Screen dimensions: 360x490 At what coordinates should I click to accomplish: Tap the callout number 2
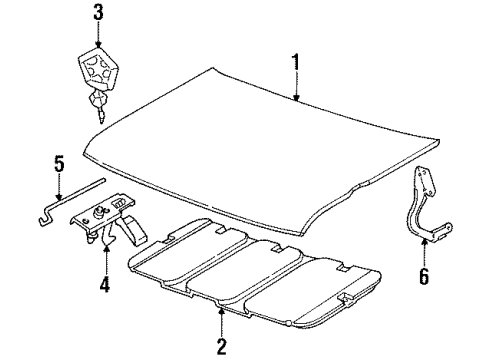click(x=220, y=346)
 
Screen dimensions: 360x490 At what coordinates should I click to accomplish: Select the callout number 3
click(x=98, y=12)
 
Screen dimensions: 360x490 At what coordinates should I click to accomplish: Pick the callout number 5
click(x=58, y=164)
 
